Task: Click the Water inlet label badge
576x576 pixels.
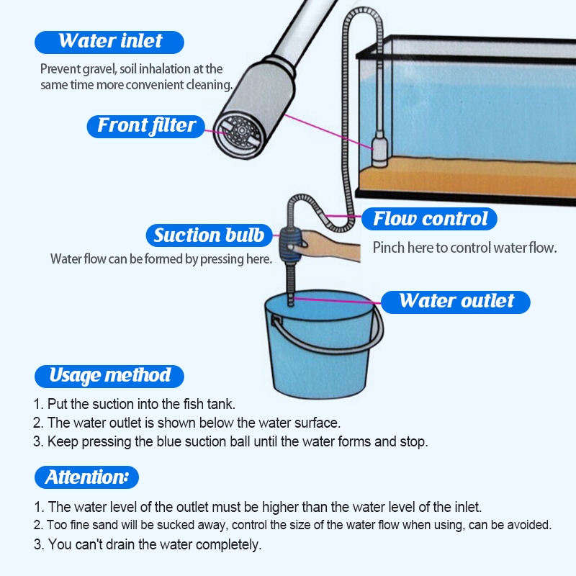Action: [x=109, y=42]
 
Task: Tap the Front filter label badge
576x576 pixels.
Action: [x=146, y=127]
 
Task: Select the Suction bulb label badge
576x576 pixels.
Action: [x=209, y=235]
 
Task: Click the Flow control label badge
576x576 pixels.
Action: [x=429, y=219]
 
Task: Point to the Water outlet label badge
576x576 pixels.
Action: [x=456, y=302]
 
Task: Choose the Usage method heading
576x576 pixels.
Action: [x=109, y=377]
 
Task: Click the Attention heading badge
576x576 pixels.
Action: [x=86, y=477]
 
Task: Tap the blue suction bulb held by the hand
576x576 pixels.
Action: [x=291, y=244]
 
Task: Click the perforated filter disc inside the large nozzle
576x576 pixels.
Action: [x=240, y=133]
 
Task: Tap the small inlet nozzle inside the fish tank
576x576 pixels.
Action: [x=380, y=150]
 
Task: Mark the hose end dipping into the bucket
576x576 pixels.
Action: [x=291, y=300]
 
